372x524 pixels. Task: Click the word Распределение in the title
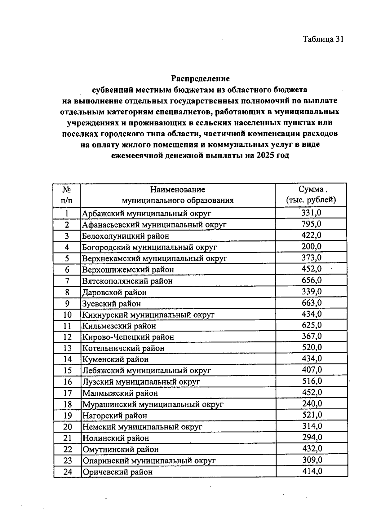point(201,78)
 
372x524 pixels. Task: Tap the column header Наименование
point(178,189)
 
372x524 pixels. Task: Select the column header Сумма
point(311,189)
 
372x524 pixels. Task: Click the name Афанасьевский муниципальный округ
point(154,224)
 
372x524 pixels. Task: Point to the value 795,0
point(311,224)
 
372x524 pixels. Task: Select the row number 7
point(67,281)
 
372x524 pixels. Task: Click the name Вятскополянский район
point(127,281)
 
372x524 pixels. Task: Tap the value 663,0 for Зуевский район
point(312,303)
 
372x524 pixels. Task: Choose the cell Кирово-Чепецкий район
point(128,337)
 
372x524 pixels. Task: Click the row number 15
point(67,371)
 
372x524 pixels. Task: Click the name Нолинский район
point(115,438)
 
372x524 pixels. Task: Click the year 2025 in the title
point(264,155)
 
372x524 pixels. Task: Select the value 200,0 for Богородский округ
point(311,246)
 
